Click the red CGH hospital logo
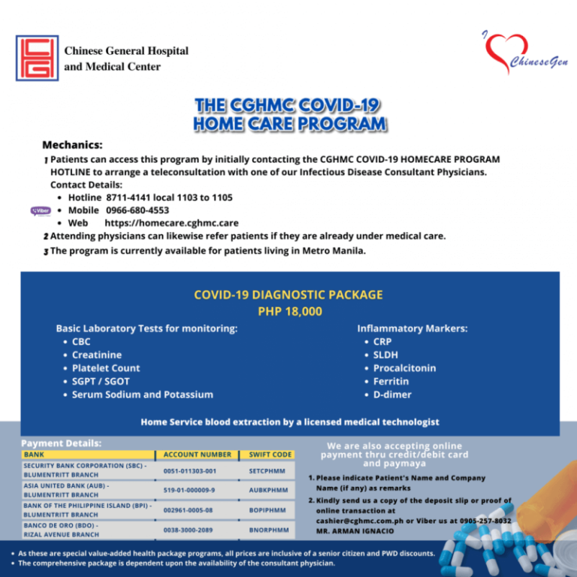[37, 57]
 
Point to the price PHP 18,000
[289, 310]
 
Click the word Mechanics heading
[72, 144]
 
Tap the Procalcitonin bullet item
[404, 368]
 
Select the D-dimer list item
[392, 394]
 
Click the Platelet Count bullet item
[106, 368]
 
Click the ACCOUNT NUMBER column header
[198, 455]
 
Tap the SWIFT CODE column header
[270, 455]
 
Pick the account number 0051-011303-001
[189, 471]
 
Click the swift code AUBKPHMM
[268, 490]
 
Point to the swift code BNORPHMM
[268, 530]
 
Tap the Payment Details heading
[61, 443]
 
